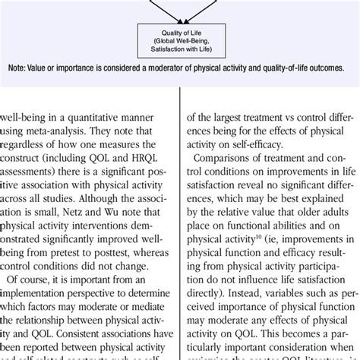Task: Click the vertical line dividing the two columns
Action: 179,228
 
